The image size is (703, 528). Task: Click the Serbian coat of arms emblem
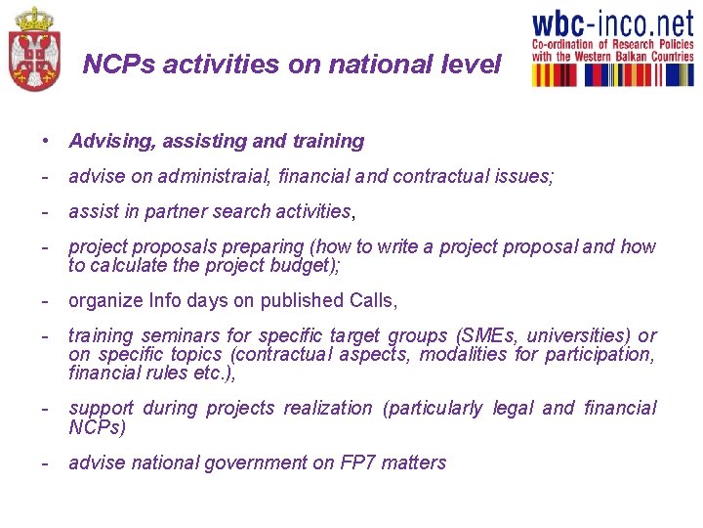(x=33, y=50)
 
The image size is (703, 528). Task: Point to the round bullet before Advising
(x=46, y=141)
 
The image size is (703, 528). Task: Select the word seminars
(x=170, y=335)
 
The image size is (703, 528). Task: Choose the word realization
(x=328, y=408)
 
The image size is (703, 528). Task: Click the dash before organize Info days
(x=46, y=300)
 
